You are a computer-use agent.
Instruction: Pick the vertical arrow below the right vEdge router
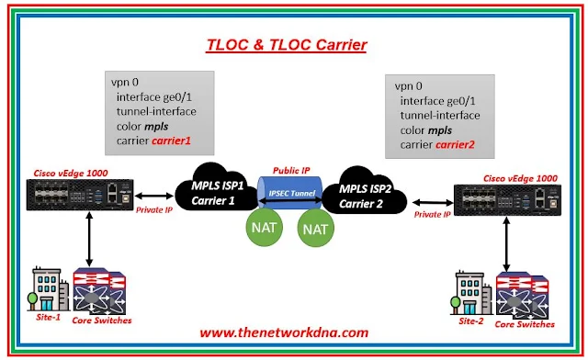pos(506,245)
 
